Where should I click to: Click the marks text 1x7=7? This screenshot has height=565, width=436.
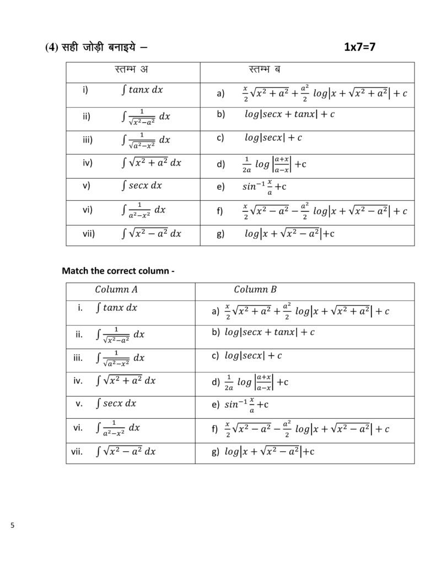point(359,47)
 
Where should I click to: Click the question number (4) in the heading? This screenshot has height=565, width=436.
point(52,47)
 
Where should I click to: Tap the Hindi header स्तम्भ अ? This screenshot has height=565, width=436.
point(132,70)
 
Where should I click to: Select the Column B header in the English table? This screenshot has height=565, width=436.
point(255,289)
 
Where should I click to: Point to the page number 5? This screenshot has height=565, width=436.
point(12,525)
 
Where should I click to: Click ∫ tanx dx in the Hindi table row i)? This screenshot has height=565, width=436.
point(142,89)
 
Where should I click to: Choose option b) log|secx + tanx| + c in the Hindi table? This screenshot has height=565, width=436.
point(289,114)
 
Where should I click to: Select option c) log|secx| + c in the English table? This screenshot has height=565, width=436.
point(253,356)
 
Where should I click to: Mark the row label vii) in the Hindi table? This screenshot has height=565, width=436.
point(89,233)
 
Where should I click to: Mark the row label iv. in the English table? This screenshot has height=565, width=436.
point(78,380)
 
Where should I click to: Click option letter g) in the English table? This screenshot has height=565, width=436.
point(216,451)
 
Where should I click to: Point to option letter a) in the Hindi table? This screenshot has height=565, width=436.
point(220,94)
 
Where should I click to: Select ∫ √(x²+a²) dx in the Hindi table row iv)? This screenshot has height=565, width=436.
point(151,162)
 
